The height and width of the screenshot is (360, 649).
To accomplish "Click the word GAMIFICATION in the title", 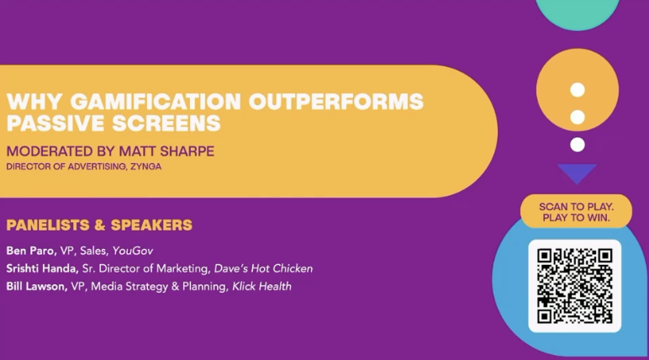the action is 156,102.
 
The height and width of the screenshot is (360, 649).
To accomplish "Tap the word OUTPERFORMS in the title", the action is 336,102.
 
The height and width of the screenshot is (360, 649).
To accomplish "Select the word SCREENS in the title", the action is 166,123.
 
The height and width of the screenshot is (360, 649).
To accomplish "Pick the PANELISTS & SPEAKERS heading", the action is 99,225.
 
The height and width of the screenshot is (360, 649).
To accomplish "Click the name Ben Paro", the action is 31,251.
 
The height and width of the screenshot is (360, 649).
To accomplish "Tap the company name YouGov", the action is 133,251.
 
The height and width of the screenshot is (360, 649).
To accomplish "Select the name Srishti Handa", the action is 43,268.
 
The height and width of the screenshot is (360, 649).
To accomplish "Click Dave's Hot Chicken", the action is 263,268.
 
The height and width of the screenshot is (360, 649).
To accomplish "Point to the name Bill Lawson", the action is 37,286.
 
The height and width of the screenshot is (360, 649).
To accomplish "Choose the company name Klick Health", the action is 261,286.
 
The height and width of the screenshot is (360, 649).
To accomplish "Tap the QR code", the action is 574,286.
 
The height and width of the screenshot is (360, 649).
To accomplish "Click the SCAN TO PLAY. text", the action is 576,207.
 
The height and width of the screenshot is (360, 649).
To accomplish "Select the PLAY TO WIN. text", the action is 576,218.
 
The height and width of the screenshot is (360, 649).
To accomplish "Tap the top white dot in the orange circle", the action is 578,90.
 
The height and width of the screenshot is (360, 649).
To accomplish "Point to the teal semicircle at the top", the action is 578,13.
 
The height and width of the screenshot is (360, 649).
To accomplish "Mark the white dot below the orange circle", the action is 578,145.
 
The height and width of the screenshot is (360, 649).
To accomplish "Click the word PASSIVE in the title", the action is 55,123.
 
